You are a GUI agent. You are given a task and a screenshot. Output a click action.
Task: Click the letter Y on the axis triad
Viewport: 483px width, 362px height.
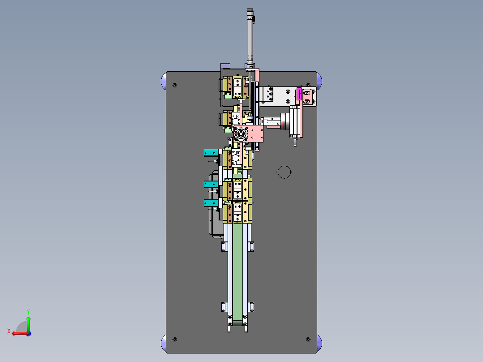(x=28, y=311)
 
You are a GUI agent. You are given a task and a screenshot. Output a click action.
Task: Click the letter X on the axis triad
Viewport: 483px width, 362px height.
(x=9, y=331)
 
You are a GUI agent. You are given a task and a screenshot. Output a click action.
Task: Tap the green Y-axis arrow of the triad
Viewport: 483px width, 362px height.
(x=28, y=323)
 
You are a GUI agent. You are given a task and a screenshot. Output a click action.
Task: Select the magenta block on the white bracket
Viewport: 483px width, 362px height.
(x=299, y=94)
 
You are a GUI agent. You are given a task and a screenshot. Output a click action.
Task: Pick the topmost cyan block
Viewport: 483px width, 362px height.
(x=211, y=152)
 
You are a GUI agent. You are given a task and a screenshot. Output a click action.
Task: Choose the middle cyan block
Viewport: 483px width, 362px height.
(x=211, y=184)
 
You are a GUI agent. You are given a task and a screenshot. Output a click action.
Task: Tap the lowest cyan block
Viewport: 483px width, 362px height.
(x=211, y=203)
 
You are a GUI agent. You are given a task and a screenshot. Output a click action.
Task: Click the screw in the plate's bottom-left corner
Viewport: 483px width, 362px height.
(x=175, y=340)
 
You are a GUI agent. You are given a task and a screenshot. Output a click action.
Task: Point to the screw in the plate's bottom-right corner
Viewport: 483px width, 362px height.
(x=308, y=340)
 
